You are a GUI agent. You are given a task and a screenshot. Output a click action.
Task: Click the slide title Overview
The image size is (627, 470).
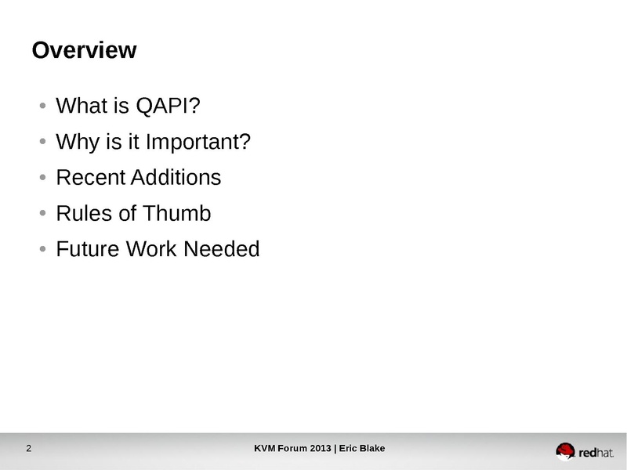85,50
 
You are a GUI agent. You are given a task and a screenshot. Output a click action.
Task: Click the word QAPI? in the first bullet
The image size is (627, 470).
168,106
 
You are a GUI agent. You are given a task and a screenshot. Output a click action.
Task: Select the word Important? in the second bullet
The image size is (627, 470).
198,143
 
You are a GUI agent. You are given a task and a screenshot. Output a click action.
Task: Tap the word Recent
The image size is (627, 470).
91,178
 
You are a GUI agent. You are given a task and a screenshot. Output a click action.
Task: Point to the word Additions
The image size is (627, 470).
176,178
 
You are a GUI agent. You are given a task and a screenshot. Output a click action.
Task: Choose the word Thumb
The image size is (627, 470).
177,213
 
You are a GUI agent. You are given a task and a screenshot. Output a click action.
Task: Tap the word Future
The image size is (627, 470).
88,249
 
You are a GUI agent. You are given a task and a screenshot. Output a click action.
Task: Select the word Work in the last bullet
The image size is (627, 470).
152,249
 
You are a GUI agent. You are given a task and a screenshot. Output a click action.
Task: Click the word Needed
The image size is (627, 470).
222,249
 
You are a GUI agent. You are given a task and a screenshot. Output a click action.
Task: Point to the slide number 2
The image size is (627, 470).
29,448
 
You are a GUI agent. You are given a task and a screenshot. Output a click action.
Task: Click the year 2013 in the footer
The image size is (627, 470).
321,448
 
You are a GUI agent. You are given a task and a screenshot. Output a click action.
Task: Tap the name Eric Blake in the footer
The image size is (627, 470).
362,448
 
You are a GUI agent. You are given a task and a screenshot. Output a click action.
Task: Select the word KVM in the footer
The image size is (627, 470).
265,448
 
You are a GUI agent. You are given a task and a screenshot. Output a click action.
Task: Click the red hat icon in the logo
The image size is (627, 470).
565,451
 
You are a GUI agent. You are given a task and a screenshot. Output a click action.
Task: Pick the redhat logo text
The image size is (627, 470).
596,453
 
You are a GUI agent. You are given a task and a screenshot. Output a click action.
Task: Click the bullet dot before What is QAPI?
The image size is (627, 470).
43,106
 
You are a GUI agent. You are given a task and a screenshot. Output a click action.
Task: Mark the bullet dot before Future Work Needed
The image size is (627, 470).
43,249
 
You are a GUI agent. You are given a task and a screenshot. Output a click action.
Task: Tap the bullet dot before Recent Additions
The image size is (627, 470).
43,178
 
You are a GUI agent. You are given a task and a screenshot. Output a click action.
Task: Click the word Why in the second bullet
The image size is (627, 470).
78,143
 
